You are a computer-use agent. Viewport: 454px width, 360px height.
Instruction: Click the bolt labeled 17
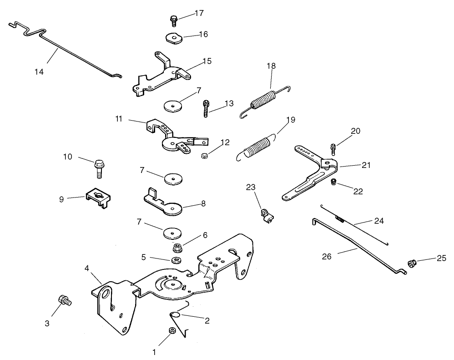tap(173, 20)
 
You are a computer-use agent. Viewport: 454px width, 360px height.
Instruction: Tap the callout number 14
tap(39, 71)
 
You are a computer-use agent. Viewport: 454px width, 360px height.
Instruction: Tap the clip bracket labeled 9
tap(97, 196)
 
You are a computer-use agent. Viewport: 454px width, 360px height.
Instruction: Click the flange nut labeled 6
tap(178, 248)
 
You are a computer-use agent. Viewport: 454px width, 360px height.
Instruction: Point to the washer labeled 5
tap(175, 260)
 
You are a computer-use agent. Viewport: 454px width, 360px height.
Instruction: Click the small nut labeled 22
tap(333, 182)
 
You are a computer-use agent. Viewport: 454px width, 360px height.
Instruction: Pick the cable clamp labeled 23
tap(266, 214)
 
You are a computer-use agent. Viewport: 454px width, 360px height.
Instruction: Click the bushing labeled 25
tap(412, 264)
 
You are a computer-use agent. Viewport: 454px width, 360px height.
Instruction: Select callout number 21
tap(366, 165)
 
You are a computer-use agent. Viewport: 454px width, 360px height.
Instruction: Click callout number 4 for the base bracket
tap(86, 268)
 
